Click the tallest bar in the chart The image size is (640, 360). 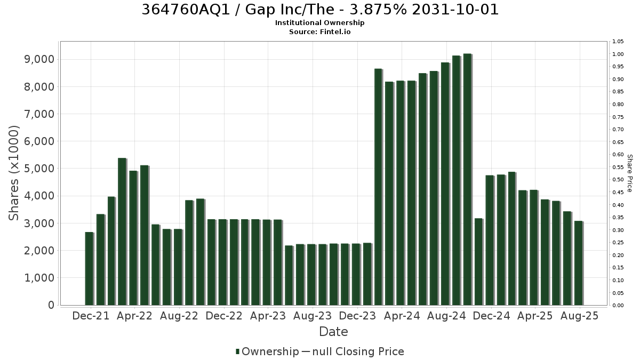click(468, 179)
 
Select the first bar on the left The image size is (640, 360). click(90, 269)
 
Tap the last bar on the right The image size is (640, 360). click(579, 263)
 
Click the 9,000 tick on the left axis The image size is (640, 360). click(39, 59)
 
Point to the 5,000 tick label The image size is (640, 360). click(39, 169)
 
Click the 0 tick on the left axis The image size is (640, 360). click(51, 305)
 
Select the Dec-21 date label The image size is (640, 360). click(91, 316)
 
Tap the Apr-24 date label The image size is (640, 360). click(402, 316)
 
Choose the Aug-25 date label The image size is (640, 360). click(579, 316)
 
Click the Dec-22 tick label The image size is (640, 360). click(224, 316)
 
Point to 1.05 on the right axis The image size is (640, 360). click(618, 42)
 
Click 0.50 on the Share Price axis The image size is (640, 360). click(618, 180)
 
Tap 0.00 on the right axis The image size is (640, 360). click(618, 306)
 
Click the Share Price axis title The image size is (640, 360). click(630, 173)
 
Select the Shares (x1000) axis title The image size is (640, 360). click(14, 173)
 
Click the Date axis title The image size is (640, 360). click(333, 332)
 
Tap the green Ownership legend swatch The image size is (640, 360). click(237, 351)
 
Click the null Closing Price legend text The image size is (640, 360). click(358, 351)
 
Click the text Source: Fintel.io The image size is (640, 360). click(319, 31)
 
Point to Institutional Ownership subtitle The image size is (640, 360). click(319, 23)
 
